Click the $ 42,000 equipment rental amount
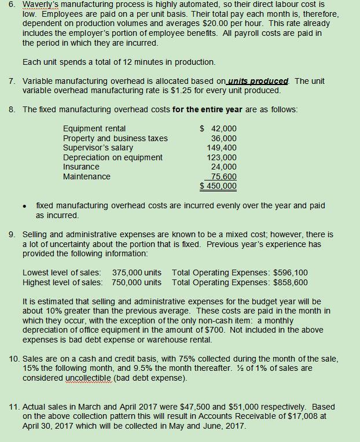click(218, 128)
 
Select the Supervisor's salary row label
click(98, 148)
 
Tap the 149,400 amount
click(222, 148)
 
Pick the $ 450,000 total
click(218, 186)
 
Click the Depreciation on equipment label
click(113, 157)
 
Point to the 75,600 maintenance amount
click(223, 176)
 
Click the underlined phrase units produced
click(258, 81)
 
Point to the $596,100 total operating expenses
click(291, 272)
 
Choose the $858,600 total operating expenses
click(291, 282)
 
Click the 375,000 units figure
click(137, 272)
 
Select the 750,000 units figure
click(137, 282)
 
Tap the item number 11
click(14, 407)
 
